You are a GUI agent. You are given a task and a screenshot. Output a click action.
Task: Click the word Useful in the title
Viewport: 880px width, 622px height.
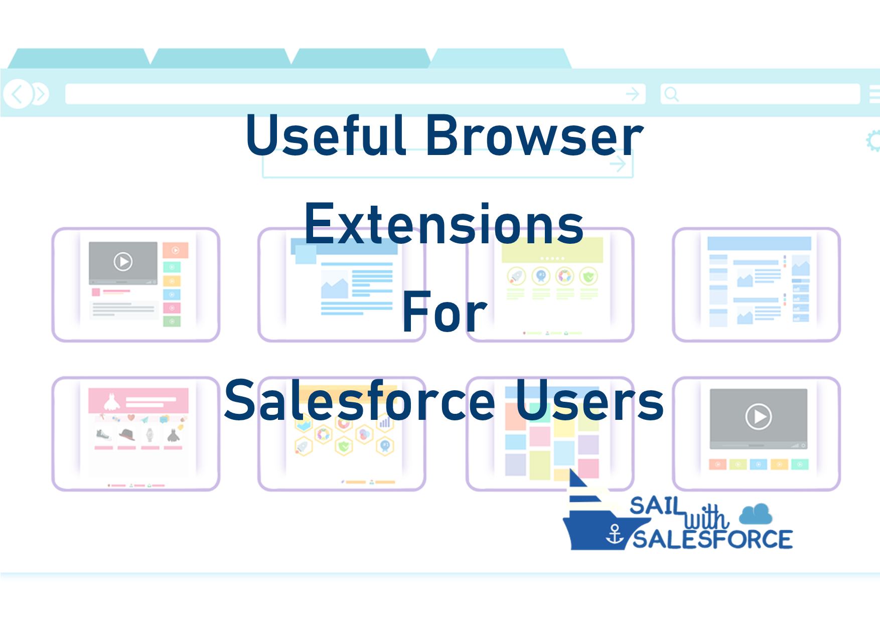[326, 134]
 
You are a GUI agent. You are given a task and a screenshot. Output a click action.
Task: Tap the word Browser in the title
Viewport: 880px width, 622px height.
[534, 134]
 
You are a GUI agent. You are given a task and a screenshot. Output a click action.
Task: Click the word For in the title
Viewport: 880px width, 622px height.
[445, 312]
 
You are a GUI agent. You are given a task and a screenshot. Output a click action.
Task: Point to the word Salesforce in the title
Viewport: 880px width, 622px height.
[360, 400]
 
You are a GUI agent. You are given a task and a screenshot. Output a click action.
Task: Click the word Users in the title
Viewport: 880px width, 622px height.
[590, 400]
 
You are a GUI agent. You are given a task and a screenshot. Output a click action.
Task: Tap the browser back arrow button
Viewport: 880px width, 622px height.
[18, 94]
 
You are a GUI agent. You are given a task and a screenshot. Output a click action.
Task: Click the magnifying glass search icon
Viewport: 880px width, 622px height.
[671, 94]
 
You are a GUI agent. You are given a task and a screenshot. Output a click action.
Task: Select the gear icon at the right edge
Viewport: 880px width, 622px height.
[873, 141]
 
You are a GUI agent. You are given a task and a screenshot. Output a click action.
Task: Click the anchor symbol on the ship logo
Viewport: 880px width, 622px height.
[615, 534]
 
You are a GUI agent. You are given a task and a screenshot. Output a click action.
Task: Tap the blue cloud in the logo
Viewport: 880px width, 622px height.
[756, 514]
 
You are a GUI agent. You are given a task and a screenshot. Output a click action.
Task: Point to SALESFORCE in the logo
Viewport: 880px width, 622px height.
[712, 539]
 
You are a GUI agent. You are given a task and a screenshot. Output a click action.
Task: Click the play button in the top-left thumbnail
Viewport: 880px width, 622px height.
[123, 261]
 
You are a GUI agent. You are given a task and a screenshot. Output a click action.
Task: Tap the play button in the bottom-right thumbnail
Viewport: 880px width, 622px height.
[759, 416]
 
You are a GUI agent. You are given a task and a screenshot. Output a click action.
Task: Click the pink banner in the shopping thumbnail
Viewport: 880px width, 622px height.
[138, 400]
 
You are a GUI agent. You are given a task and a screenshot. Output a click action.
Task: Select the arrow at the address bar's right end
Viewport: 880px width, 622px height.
[633, 94]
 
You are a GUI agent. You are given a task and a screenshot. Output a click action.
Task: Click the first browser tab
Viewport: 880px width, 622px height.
[79, 58]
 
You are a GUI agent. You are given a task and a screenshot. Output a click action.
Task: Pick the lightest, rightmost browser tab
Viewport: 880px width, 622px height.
[501, 58]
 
